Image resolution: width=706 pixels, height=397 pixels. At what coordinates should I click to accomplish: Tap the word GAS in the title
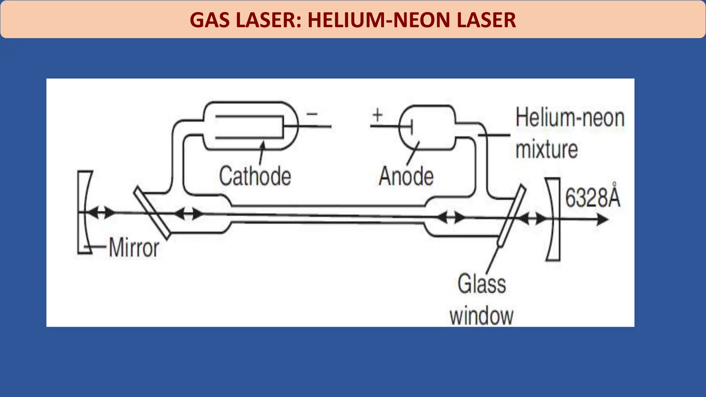coord(209,20)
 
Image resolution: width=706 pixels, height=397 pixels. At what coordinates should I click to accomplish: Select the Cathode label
coord(255,176)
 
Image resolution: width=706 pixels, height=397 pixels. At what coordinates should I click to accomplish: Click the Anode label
coord(406,176)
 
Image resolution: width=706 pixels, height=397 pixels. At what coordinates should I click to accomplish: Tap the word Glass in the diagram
coord(482,284)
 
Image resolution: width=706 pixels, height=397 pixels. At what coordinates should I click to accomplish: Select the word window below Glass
coord(482,315)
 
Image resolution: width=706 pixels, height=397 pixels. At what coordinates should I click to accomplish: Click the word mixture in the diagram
coord(546,149)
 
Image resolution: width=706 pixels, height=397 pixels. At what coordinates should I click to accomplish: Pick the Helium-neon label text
coord(570,118)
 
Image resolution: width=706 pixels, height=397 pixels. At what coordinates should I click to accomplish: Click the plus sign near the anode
coord(377,115)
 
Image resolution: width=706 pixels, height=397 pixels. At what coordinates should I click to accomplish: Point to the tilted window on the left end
coord(152,213)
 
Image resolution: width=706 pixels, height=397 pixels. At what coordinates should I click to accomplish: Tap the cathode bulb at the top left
coord(250,126)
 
